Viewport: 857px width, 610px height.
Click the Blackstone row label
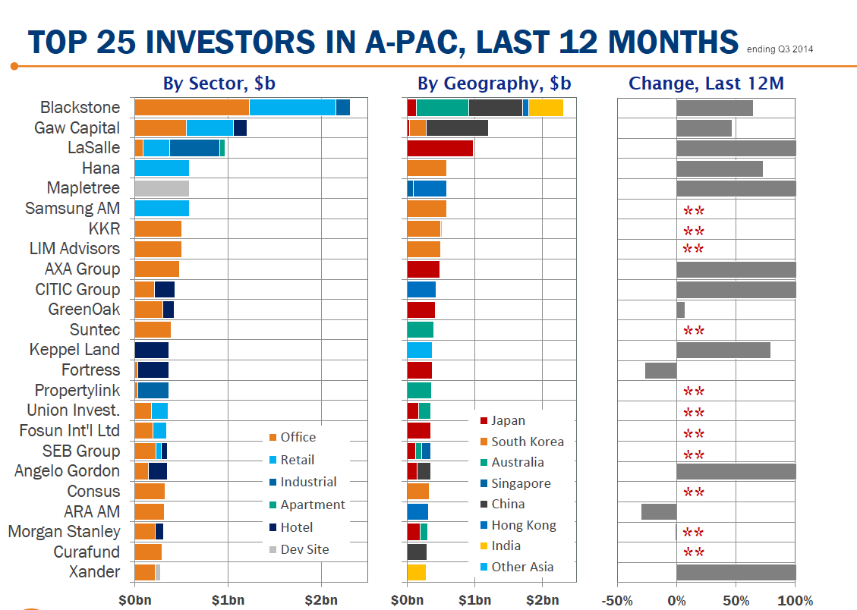[x=80, y=108]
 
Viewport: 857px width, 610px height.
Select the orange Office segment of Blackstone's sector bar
[x=191, y=108]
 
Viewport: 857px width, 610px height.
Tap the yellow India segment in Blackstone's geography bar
[x=546, y=108]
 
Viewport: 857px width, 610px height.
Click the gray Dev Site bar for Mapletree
[x=162, y=188]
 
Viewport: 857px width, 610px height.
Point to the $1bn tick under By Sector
[x=228, y=601]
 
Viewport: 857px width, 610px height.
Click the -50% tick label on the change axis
[x=618, y=601]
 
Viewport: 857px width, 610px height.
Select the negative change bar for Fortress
[x=660, y=370]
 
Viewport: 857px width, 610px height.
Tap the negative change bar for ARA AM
[x=658, y=511]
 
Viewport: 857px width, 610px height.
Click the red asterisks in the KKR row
[x=694, y=231]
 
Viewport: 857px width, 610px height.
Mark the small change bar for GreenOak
[x=680, y=310]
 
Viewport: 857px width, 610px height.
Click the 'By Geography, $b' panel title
[x=494, y=83]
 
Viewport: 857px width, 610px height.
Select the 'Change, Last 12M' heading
[x=706, y=83]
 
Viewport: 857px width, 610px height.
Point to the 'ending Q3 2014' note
[x=780, y=50]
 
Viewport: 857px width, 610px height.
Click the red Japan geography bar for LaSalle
[x=440, y=148]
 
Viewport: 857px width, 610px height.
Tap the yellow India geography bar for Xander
[x=416, y=572]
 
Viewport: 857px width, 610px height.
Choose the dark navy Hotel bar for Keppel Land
[x=152, y=350]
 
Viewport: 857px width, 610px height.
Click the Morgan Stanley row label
[x=64, y=532]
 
